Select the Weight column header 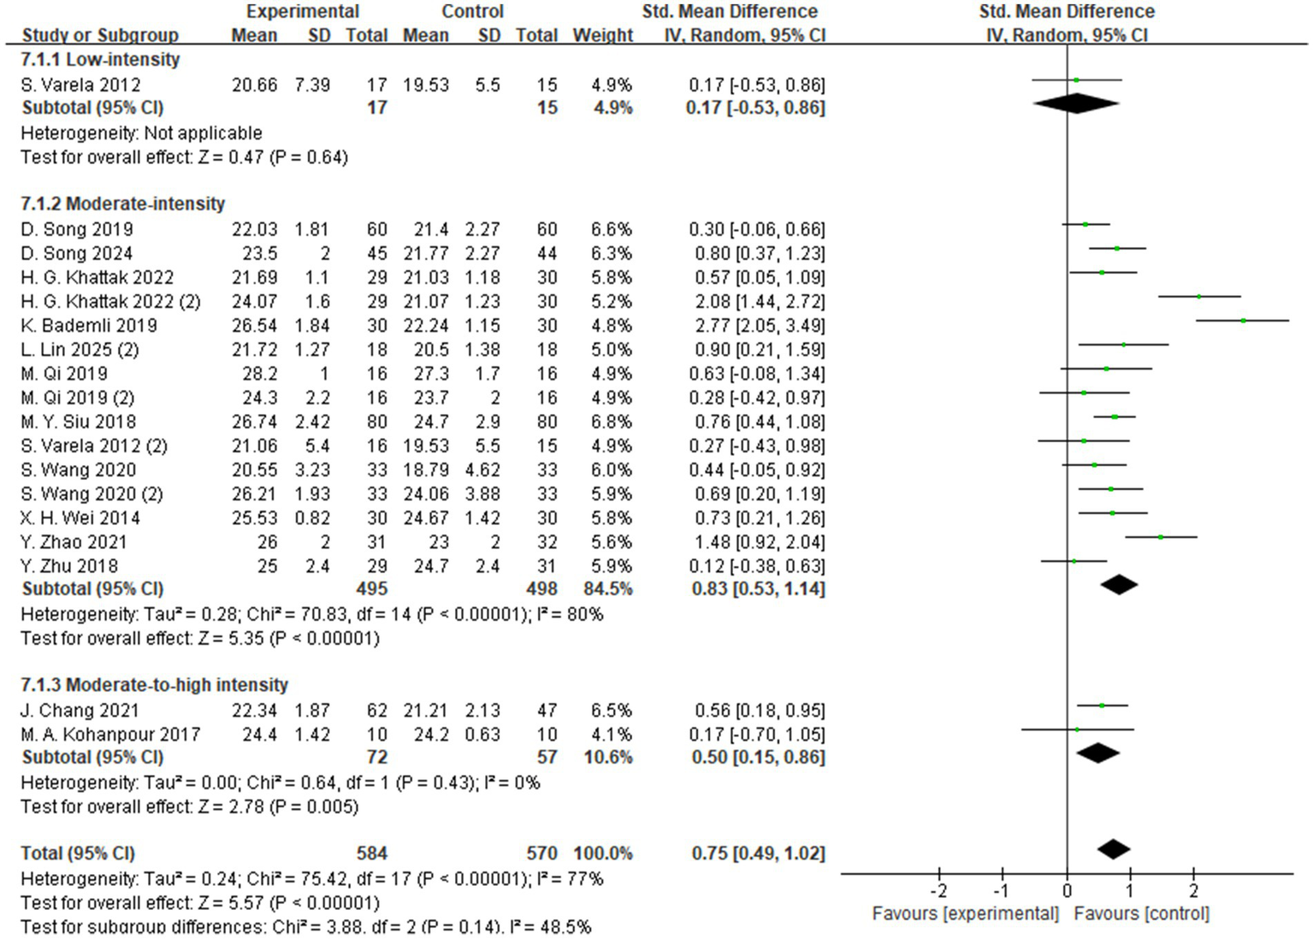click(602, 35)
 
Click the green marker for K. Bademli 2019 click(1243, 321)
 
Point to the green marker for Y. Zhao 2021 click(1161, 537)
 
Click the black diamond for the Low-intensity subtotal click(1076, 103)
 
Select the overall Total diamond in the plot click(1113, 849)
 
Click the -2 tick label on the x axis click(938, 890)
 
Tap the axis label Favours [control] click(1141, 913)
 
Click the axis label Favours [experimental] click(965, 913)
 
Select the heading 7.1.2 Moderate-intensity click(122, 204)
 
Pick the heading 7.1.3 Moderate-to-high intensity click(154, 685)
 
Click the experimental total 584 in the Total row click(371, 853)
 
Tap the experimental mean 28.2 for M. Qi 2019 click(261, 374)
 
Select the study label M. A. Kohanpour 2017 click(110, 735)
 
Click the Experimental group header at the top click(302, 12)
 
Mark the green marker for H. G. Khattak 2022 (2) click(1199, 297)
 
